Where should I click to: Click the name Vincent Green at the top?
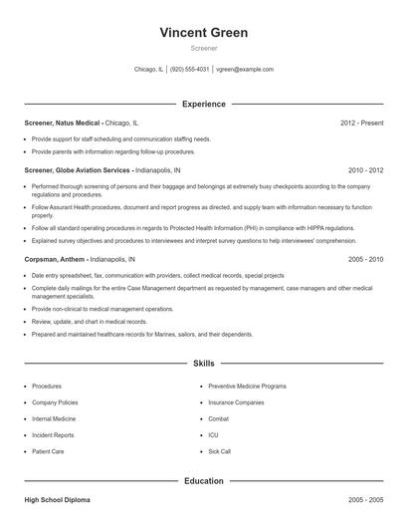pyautogui.click(x=204, y=33)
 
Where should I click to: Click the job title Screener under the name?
pyautogui.click(x=204, y=48)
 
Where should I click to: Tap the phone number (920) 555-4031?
pyautogui.click(x=189, y=70)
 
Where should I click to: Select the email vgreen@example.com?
pyautogui.click(x=245, y=70)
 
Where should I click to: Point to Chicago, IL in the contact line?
pyautogui.click(x=147, y=70)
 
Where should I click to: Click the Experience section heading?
pyautogui.click(x=204, y=104)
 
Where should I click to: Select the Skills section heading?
pyautogui.click(x=204, y=365)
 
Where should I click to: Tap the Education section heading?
pyautogui.click(x=204, y=481)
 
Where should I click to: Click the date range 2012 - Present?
pyautogui.click(x=361, y=123)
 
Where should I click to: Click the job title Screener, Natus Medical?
pyautogui.click(x=63, y=123)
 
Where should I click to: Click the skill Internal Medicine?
pyautogui.click(x=54, y=418)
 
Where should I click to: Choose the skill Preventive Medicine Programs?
pyautogui.click(x=247, y=386)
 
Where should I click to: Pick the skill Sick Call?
pyautogui.click(x=220, y=451)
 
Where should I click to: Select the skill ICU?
pyautogui.click(x=213, y=435)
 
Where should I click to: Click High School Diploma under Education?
pyautogui.click(x=57, y=497)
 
